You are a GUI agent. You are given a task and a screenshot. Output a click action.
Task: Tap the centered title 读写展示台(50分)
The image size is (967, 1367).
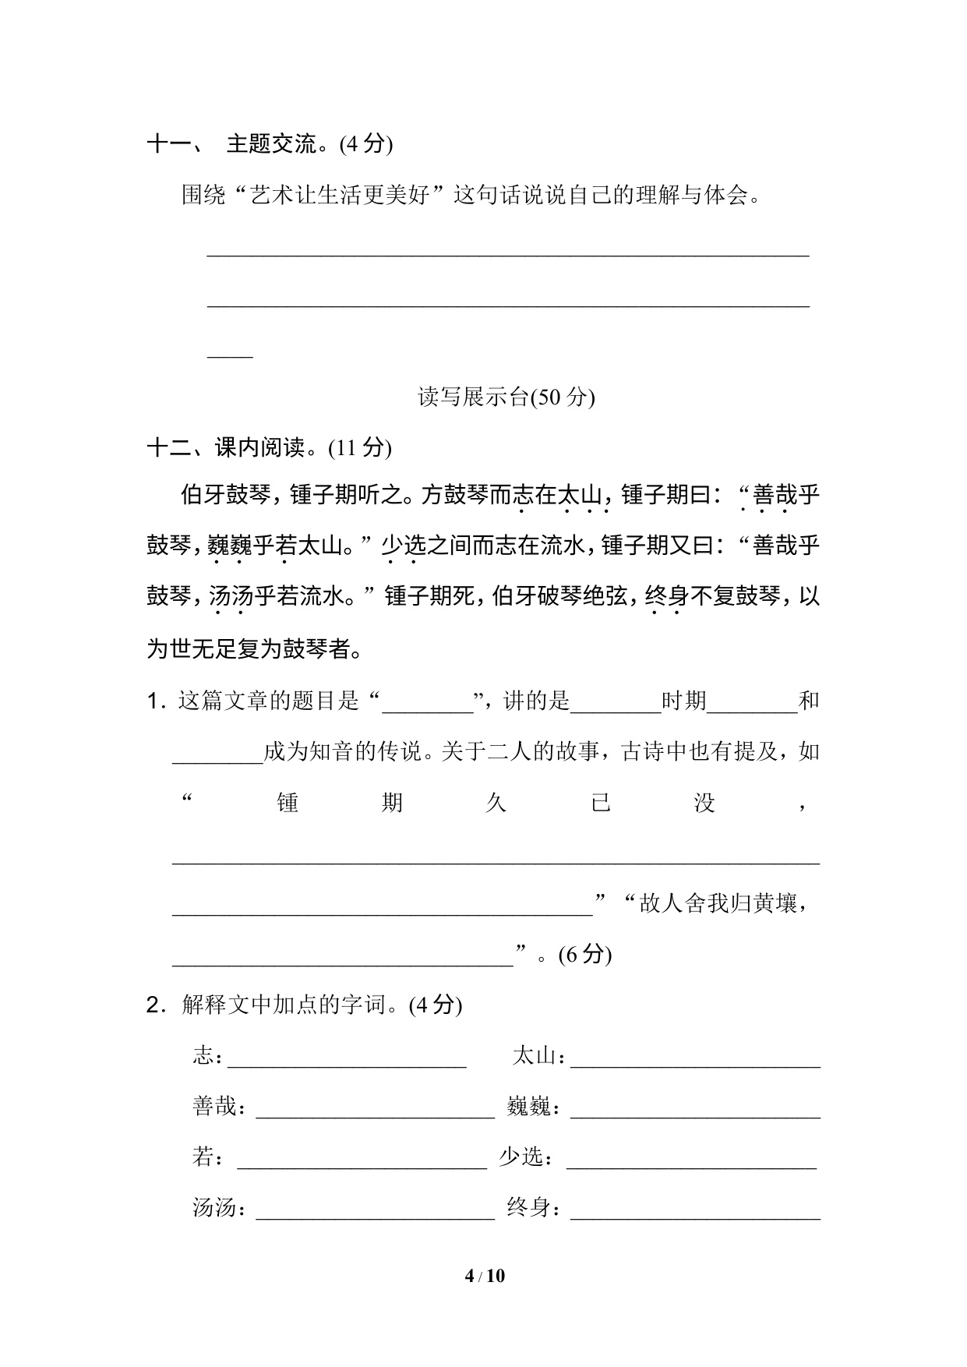506,397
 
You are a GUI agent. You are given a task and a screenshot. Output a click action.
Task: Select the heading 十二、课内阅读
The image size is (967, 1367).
269,448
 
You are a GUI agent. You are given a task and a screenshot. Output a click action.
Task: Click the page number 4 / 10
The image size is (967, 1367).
484,1276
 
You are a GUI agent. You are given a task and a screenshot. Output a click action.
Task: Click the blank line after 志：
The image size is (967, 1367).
348,1063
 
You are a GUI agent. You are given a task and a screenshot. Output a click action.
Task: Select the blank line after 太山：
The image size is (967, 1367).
695,1063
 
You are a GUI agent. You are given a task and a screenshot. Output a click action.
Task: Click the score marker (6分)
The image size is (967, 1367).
584,955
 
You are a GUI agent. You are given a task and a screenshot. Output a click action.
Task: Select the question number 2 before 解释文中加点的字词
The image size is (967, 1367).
154,1005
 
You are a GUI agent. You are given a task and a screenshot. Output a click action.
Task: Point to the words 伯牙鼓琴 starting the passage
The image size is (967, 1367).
225,496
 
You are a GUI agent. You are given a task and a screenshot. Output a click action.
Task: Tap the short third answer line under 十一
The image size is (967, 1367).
230,355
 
